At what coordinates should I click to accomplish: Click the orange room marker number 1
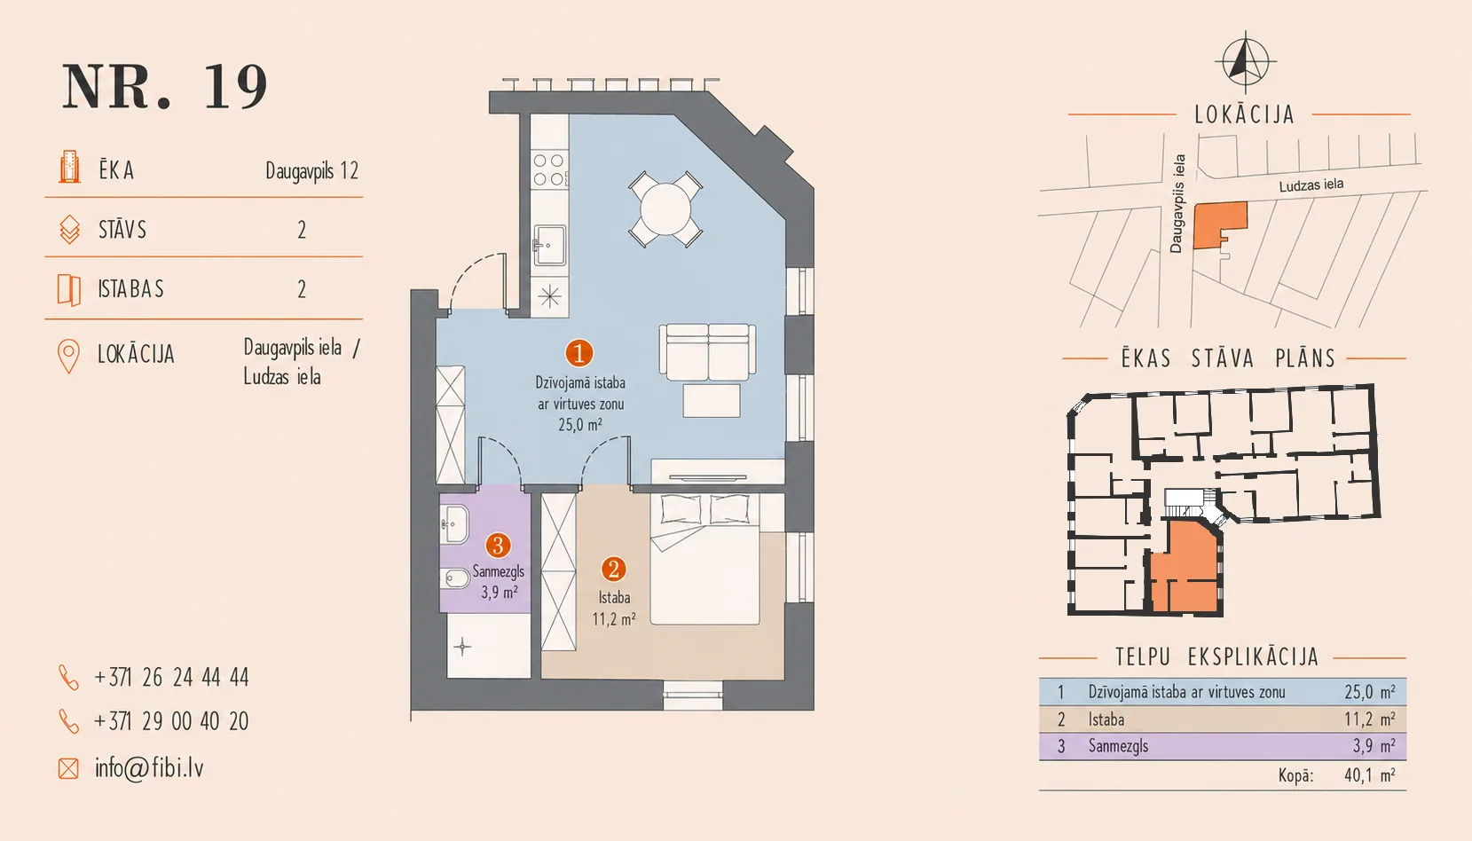(x=579, y=353)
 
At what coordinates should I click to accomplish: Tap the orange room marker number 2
(x=614, y=569)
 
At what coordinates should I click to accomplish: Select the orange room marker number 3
(x=498, y=546)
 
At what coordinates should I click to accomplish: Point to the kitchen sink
(x=550, y=245)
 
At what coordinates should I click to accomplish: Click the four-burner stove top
(x=549, y=169)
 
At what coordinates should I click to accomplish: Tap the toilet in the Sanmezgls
(x=456, y=579)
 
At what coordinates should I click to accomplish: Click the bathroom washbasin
(x=454, y=524)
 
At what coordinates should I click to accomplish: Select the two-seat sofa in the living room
(x=708, y=352)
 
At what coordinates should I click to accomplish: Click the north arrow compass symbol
(x=1245, y=62)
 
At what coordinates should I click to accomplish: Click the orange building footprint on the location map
(x=1219, y=224)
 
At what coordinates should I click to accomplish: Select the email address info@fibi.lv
(x=149, y=767)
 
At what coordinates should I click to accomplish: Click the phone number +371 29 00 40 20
(x=171, y=721)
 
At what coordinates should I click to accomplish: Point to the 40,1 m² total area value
(x=1370, y=775)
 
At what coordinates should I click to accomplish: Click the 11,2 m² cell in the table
(x=1370, y=719)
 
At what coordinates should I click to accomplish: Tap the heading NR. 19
(x=165, y=87)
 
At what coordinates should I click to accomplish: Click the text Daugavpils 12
(x=312, y=171)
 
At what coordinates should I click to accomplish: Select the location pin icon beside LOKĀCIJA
(x=68, y=356)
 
